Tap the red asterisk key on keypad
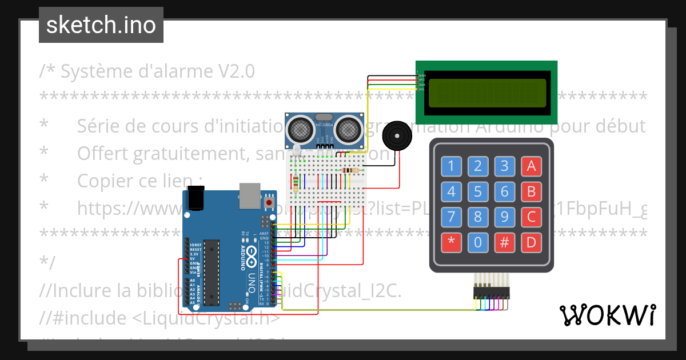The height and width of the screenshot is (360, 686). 452,243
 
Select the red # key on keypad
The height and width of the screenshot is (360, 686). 505,243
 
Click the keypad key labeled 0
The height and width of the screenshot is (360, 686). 478,243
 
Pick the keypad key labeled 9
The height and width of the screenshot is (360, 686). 505,217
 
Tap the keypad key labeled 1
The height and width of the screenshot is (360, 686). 452,166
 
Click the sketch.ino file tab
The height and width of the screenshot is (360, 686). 101,25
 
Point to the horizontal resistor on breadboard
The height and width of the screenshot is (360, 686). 349,170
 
